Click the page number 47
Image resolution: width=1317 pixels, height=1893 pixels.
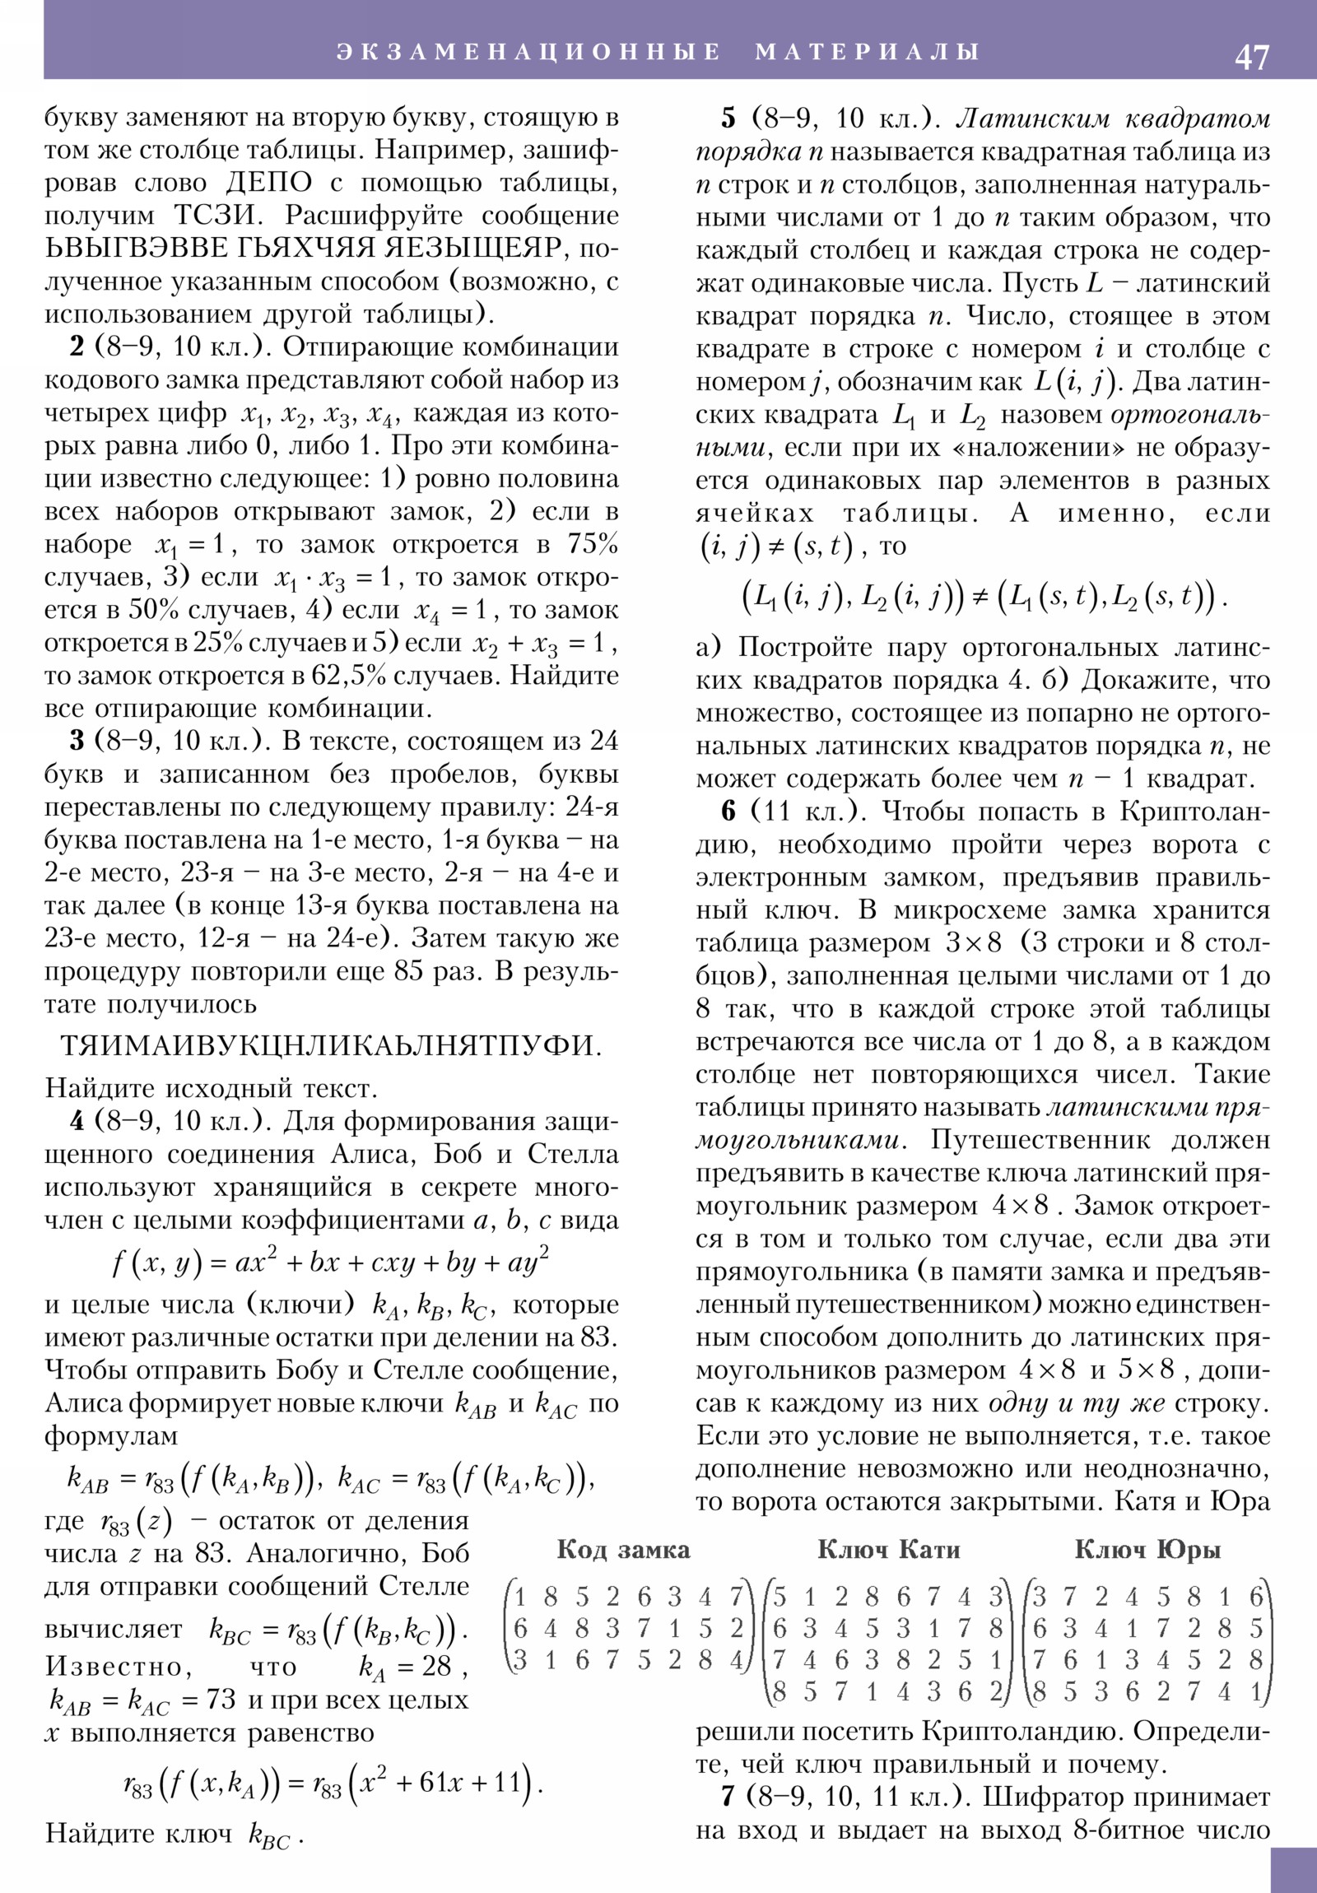point(1252,58)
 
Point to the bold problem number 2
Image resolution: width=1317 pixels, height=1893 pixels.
point(77,347)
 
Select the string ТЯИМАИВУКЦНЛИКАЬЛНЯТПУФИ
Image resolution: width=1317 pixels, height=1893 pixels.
point(331,1046)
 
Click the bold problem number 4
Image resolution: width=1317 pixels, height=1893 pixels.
point(77,1121)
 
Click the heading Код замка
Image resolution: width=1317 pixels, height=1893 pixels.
point(623,1549)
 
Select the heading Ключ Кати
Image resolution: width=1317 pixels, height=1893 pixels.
point(889,1549)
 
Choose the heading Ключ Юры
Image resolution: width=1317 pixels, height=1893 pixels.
point(1147,1549)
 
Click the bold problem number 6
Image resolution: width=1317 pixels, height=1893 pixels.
point(728,812)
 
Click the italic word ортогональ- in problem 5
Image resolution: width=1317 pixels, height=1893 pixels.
point(1190,415)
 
